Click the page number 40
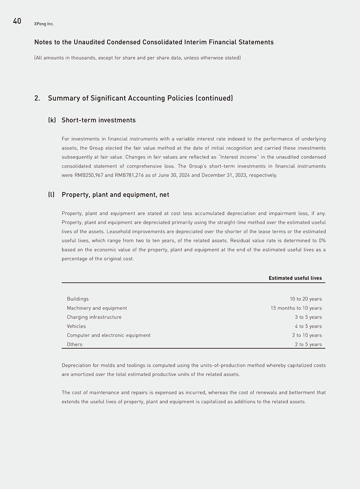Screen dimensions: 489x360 pos(17,21)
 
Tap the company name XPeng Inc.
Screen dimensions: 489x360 pos(44,24)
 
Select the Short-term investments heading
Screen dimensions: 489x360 pos(98,120)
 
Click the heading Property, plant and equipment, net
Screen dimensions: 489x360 pos(115,195)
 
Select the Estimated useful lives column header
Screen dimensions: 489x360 pos(295,278)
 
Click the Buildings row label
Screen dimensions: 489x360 pos(78,299)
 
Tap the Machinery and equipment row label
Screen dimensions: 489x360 pos(97,308)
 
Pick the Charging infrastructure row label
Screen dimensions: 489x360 pos(94,317)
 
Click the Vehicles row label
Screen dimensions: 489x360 pos(76,326)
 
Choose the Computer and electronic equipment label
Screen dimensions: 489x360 pos(108,335)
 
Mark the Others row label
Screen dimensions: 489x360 pos(75,344)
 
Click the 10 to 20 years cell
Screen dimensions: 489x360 pos(306,299)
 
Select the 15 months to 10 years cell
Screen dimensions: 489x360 pos(296,308)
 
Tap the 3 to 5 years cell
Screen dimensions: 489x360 pos(308,317)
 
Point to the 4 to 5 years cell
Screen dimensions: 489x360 pos(308,326)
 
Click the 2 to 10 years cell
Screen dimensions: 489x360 pos(307,335)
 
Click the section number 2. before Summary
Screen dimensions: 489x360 pos(37,98)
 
